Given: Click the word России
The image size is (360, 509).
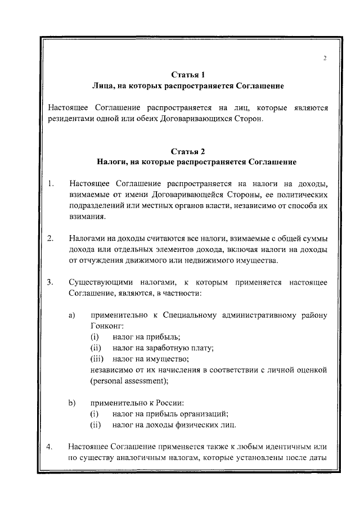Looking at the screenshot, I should [168, 403].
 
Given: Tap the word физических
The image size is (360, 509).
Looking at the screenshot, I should [186, 424].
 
